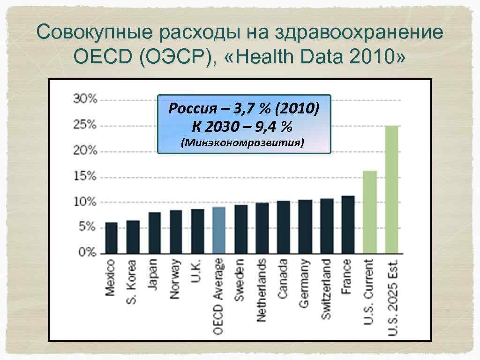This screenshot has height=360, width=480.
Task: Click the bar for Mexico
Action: click(111, 238)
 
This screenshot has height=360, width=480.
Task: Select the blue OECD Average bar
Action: click(219, 230)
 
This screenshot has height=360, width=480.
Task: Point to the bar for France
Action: click(348, 224)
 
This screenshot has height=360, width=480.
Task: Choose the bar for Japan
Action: click(154, 232)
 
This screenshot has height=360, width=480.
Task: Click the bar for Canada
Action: click(283, 227)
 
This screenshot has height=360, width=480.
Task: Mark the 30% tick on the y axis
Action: click(85, 99)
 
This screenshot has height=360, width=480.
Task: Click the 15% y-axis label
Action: click(85, 176)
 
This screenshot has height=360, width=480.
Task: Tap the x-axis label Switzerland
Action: click(326, 289)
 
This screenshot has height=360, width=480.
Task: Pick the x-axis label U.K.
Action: click(196, 271)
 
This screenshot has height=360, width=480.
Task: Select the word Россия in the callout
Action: click(191, 109)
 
